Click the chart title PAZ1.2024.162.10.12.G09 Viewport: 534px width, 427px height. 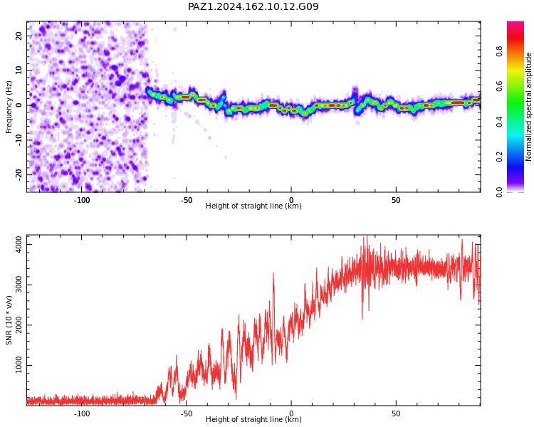(x=253, y=6)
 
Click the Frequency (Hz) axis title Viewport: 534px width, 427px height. (x=9, y=107)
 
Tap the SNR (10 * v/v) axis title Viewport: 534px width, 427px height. (x=9, y=320)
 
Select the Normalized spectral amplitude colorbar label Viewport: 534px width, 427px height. (x=528, y=107)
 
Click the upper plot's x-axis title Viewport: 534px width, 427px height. (x=253, y=206)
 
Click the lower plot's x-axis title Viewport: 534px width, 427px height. (x=253, y=419)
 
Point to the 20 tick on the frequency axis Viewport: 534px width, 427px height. (x=19, y=36)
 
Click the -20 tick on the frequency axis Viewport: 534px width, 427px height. (x=19, y=174)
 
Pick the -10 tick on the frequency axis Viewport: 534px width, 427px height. (x=19, y=140)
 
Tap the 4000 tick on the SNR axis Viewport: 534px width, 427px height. (x=19, y=245)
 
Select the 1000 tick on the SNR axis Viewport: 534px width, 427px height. (x=19, y=365)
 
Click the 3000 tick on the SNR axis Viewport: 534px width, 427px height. (x=19, y=285)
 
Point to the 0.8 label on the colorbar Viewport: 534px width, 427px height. (x=499, y=52)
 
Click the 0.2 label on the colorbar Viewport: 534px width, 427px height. (x=499, y=157)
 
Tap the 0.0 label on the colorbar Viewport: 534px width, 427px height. (x=499, y=192)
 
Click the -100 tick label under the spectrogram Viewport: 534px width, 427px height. (x=82, y=200)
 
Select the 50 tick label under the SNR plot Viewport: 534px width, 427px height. (x=396, y=413)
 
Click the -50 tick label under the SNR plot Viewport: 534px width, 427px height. (x=187, y=413)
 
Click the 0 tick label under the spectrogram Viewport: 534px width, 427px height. (x=291, y=200)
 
